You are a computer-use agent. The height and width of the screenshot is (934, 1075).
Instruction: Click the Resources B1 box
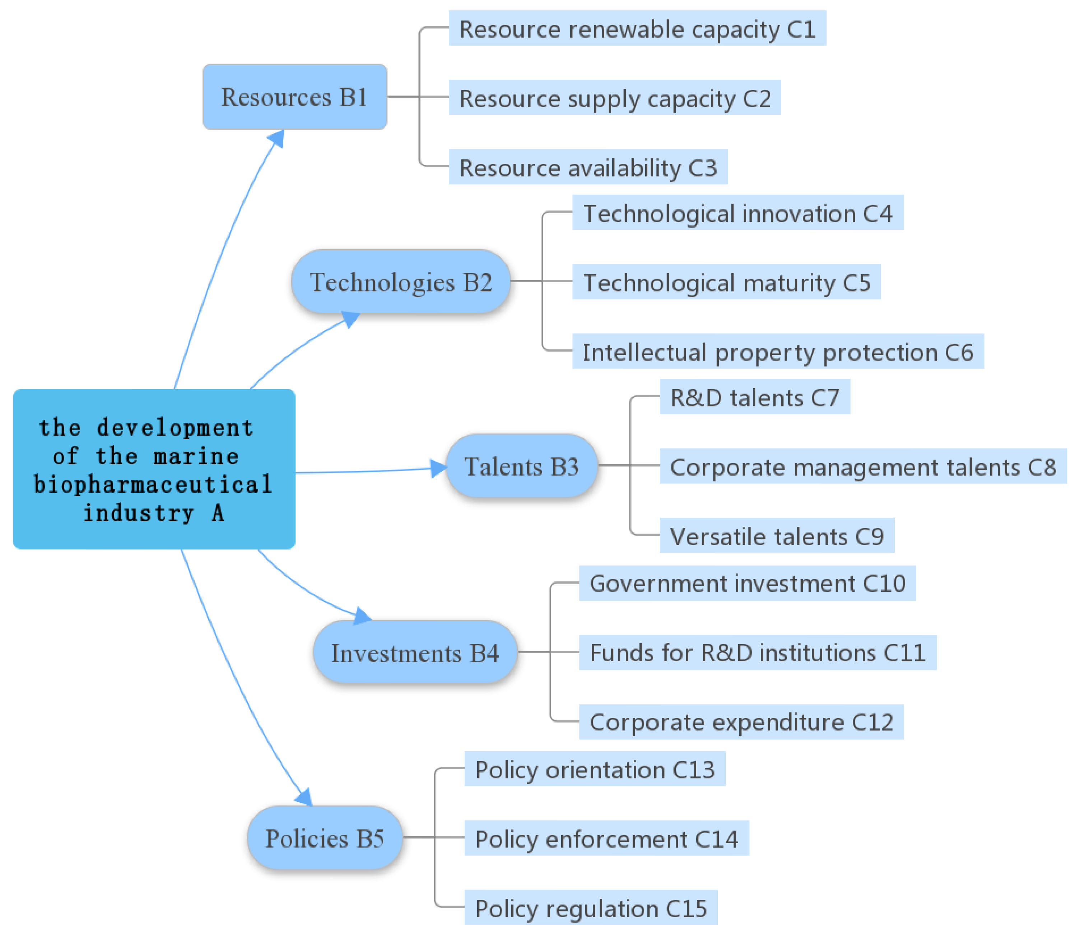click(x=294, y=97)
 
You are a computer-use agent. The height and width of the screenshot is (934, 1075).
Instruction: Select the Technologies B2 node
click(x=401, y=282)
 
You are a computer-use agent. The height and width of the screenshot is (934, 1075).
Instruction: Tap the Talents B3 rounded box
click(x=522, y=466)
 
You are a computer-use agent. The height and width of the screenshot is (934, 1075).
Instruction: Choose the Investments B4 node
click(x=415, y=652)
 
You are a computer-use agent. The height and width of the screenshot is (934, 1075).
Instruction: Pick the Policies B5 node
click(x=325, y=838)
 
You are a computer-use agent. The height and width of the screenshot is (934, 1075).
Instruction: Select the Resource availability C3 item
click(x=588, y=168)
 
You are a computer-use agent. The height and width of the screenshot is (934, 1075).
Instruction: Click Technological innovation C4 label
click(x=737, y=213)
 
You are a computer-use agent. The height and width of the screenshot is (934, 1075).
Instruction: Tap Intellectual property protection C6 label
click(x=777, y=352)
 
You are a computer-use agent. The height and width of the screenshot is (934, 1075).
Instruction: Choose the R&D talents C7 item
click(x=754, y=398)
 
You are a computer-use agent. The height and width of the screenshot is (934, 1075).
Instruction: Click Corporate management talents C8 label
click(x=862, y=467)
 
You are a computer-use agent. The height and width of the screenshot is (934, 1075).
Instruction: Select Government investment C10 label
click(x=747, y=583)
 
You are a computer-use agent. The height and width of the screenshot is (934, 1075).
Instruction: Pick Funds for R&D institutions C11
click(x=757, y=652)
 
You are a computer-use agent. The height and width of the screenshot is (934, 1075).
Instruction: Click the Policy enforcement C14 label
click(x=606, y=838)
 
